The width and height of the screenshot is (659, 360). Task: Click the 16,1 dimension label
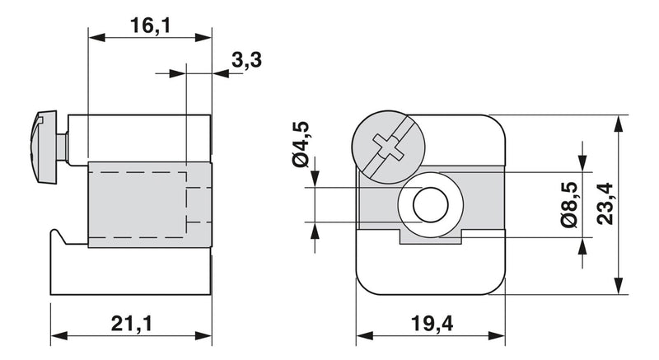pyautogui.click(x=151, y=26)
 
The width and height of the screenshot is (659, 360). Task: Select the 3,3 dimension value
pyautogui.click(x=246, y=59)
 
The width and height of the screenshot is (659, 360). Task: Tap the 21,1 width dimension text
pyautogui.click(x=132, y=324)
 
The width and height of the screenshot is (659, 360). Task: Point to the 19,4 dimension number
pyautogui.click(x=432, y=324)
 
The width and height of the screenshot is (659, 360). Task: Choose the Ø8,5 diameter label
pyautogui.click(x=569, y=205)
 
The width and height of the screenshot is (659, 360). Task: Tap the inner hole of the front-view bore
pyautogui.click(x=430, y=205)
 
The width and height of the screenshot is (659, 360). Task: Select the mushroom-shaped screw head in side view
pyautogui.click(x=44, y=147)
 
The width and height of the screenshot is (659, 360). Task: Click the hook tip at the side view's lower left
pyautogui.click(x=54, y=230)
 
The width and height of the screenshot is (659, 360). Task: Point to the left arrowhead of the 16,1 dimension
pyautogui.click(x=96, y=37)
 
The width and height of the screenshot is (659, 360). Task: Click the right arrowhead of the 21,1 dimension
pyautogui.click(x=203, y=335)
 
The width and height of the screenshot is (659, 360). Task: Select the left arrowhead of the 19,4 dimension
pyautogui.click(x=364, y=335)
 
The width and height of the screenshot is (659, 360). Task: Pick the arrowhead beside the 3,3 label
pyautogui.click(x=220, y=74)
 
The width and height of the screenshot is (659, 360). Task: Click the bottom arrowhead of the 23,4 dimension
pyautogui.click(x=618, y=286)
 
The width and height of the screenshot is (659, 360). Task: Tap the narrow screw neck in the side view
pyautogui.click(x=63, y=147)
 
